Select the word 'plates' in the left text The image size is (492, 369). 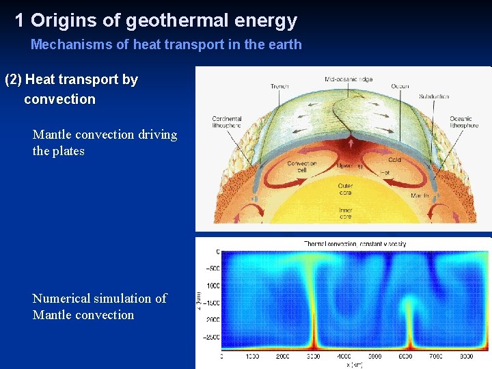coord(68,151)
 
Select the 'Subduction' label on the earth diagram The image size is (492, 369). coord(434,96)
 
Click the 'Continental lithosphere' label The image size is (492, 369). coord(227,123)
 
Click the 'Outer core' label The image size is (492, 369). coord(346,189)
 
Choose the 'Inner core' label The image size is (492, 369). coord(346,213)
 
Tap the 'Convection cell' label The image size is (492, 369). coord(301,167)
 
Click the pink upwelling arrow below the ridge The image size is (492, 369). coord(351,146)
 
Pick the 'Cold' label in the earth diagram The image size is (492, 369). coord(395,160)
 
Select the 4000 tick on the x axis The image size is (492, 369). coord(344,357)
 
